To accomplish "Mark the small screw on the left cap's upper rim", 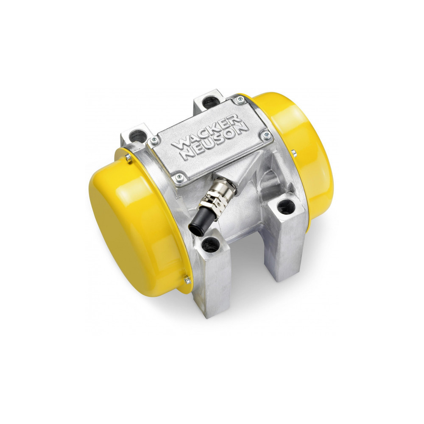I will coord(127,158).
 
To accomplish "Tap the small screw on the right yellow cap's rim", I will coord(292,152).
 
